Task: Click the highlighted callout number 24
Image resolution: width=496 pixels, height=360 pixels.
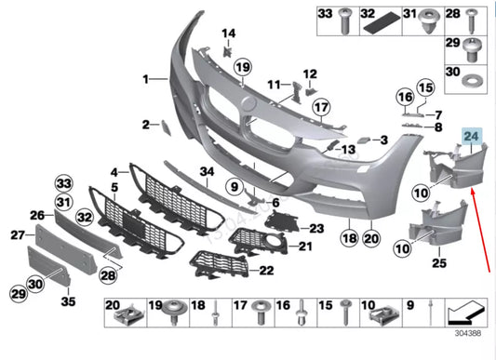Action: [x=473, y=135]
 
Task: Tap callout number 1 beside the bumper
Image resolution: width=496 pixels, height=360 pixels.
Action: [x=145, y=81]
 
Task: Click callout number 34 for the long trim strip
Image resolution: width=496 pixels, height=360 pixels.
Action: [x=207, y=172]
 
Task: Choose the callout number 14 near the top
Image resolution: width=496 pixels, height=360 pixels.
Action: [x=228, y=34]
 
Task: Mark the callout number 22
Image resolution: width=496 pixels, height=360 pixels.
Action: [x=266, y=271]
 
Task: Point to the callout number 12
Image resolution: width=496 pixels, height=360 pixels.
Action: [x=309, y=73]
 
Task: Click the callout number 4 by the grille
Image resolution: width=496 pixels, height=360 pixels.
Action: [x=113, y=172]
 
